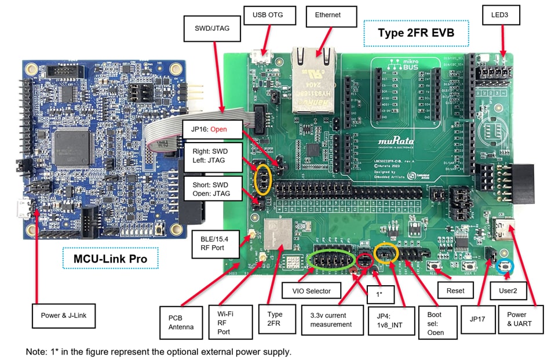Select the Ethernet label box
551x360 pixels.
328,15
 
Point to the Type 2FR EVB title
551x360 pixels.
415,33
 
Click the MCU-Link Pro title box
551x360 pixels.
111,259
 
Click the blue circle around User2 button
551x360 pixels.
507,266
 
